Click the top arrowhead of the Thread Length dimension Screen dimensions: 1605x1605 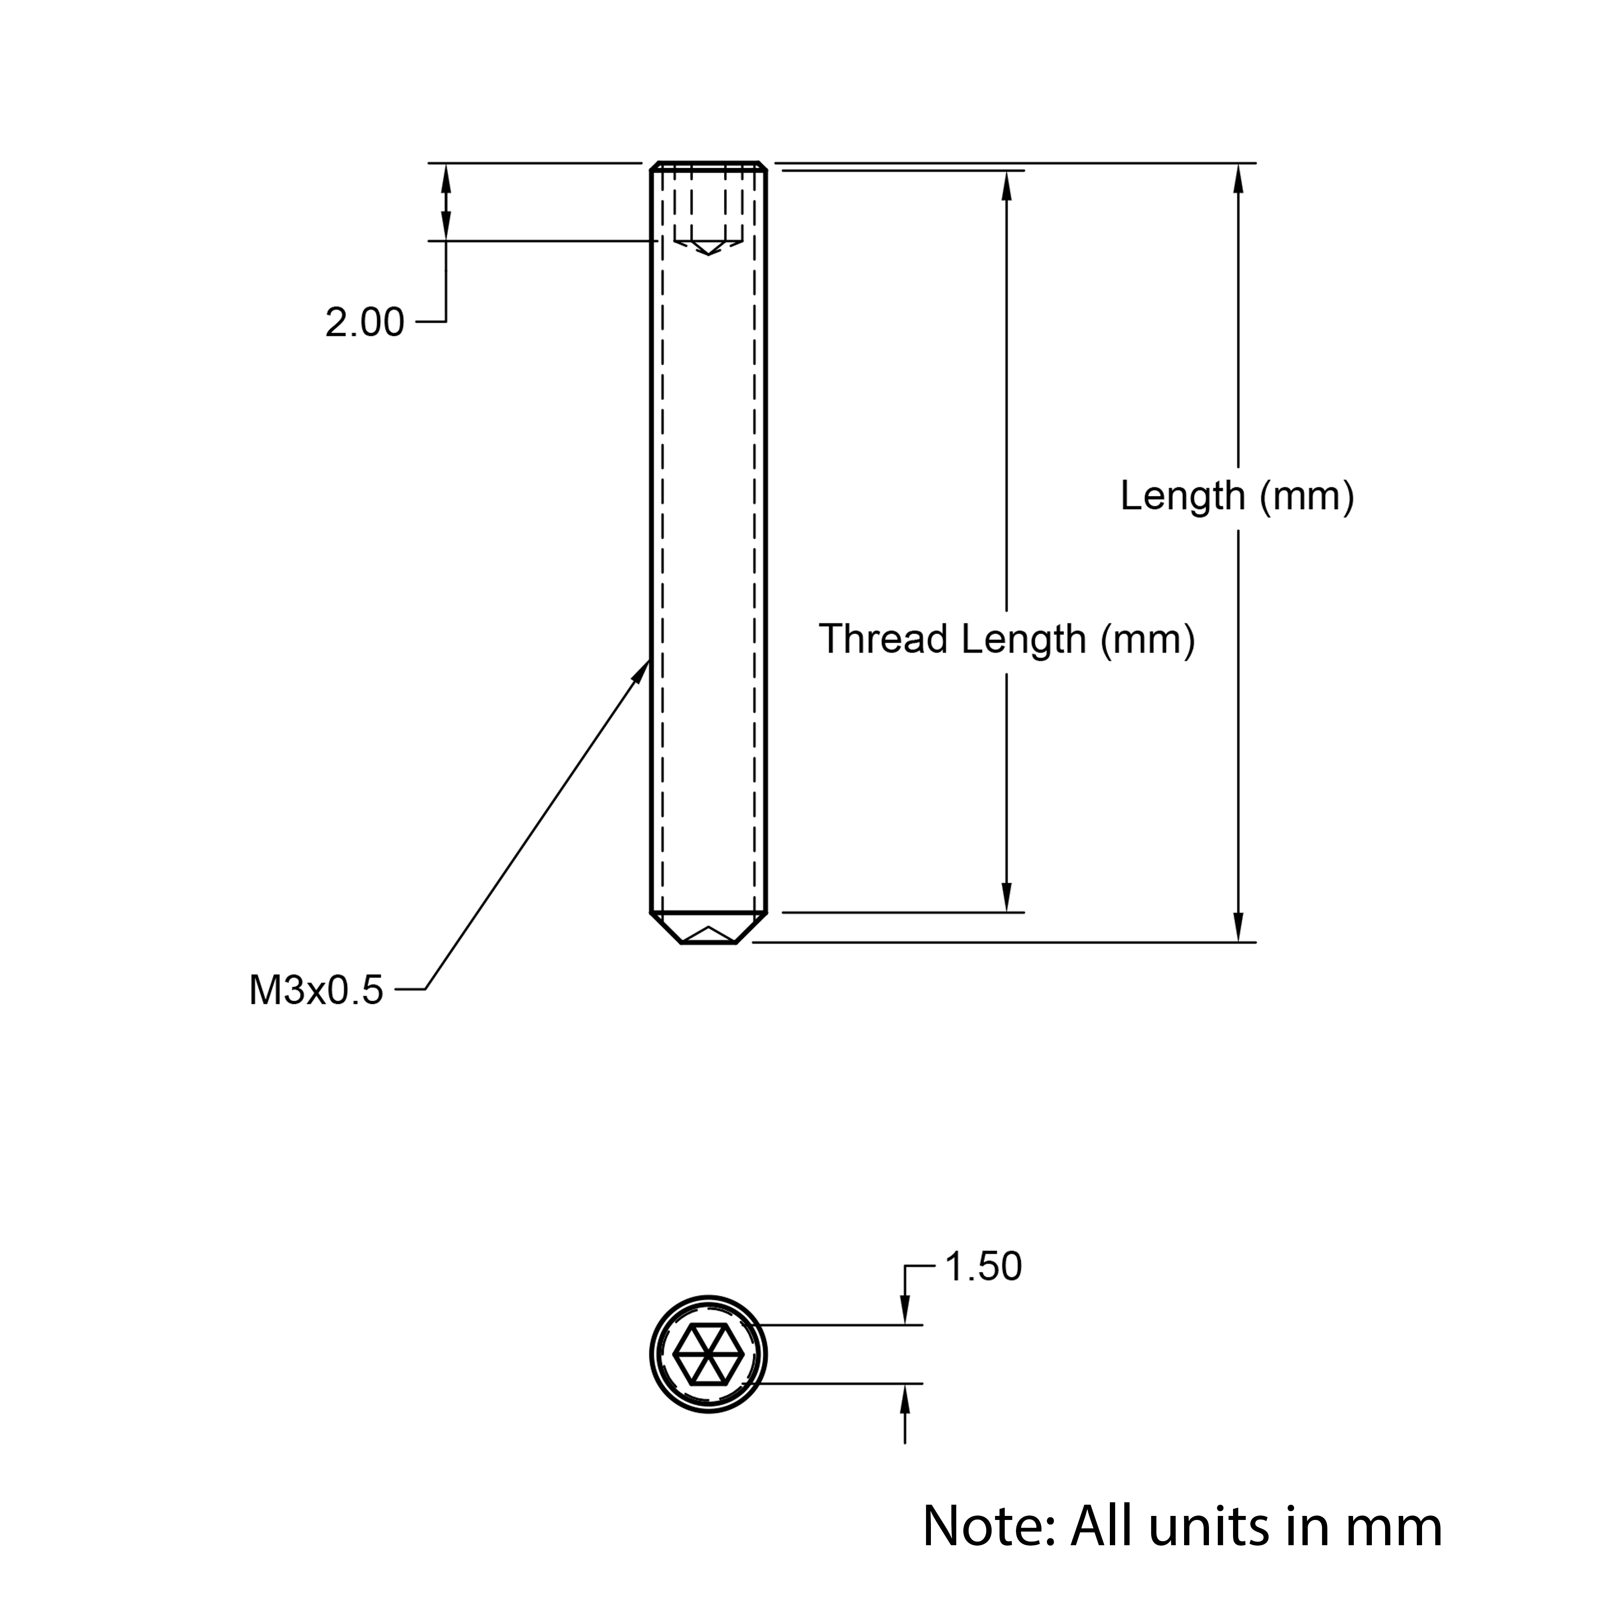(1007, 187)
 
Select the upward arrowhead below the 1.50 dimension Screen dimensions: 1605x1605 (905, 1400)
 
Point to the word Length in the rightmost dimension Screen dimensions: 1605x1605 (1182, 496)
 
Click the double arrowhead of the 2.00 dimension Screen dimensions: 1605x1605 (446, 202)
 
